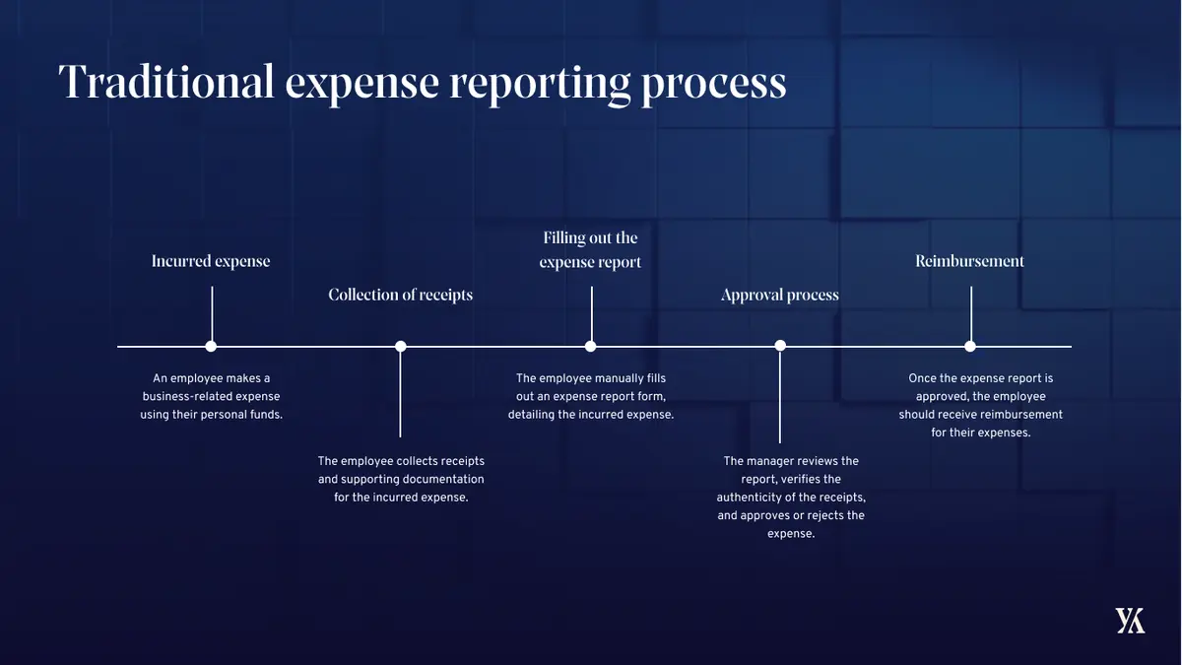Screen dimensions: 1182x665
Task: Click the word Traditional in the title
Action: click(166, 82)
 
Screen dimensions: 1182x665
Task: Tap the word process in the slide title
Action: click(713, 86)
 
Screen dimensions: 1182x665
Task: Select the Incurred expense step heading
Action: click(211, 261)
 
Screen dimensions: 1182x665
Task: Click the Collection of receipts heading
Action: click(401, 295)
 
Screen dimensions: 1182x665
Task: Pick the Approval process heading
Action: click(780, 296)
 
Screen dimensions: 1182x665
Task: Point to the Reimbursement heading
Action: click(970, 261)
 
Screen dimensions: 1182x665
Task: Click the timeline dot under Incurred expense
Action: click(211, 346)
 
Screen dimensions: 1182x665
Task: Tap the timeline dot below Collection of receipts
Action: click(401, 346)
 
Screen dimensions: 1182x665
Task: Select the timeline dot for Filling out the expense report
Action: click(590, 346)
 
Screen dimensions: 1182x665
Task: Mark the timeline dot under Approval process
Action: click(780, 346)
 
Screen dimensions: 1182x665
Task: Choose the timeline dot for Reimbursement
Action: click(970, 346)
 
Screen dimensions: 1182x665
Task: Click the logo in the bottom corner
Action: click(1130, 621)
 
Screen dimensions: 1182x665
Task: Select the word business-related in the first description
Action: click(187, 396)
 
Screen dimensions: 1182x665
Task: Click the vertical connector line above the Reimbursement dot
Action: click(971, 313)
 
